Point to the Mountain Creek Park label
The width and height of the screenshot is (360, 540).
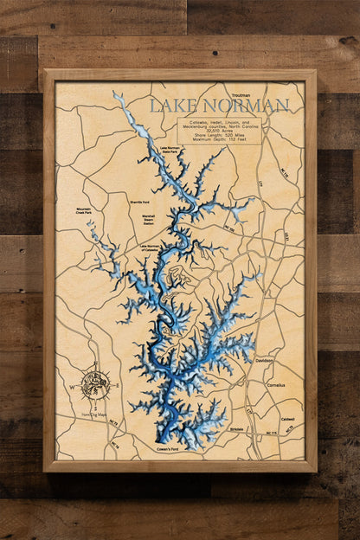(x=83, y=210)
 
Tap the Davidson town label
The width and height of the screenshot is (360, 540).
(x=265, y=360)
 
